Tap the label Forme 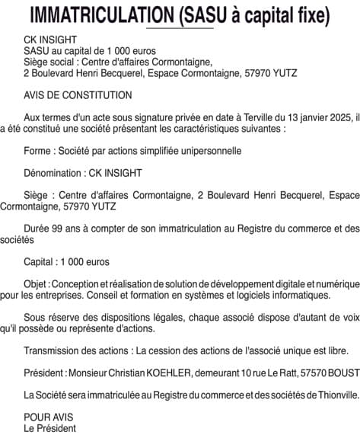pyautogui.click(x=38, y=151)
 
